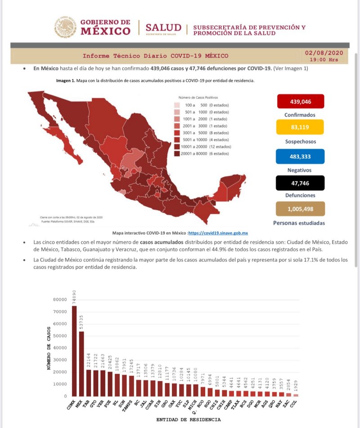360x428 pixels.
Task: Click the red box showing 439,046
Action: click(300, 102)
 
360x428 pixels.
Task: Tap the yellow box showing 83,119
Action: click(300, 128)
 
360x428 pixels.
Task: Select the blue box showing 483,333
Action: click(300, 156)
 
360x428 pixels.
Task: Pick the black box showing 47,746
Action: click(300, 183)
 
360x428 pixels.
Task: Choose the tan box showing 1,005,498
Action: click(300, 209)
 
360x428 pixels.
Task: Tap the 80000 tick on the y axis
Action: click(60, 299)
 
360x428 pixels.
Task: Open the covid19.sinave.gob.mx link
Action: click(218, 233)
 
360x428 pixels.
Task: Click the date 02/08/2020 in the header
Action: click(324, 53)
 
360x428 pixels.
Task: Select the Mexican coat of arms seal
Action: click(66, 27)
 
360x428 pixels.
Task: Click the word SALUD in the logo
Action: click(163, 28)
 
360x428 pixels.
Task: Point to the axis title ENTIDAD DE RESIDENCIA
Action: click(188, 419)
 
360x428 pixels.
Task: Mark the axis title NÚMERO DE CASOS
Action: click(49, 348)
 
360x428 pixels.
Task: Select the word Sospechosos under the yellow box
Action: click(300, 141)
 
